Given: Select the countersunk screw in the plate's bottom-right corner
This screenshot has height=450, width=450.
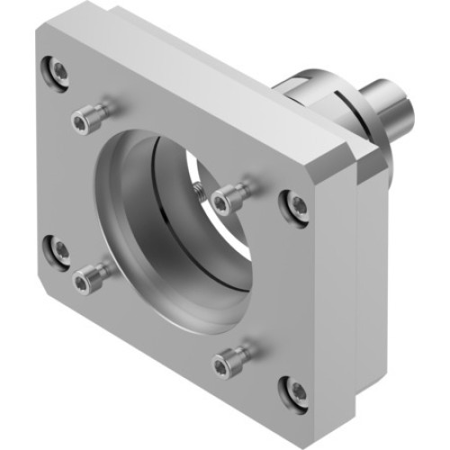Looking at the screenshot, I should [x=294, y=389].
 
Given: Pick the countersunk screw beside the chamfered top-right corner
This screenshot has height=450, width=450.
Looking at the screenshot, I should [x=295, y=205].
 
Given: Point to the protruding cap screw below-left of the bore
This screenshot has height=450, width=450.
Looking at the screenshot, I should [x=85, y=283].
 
